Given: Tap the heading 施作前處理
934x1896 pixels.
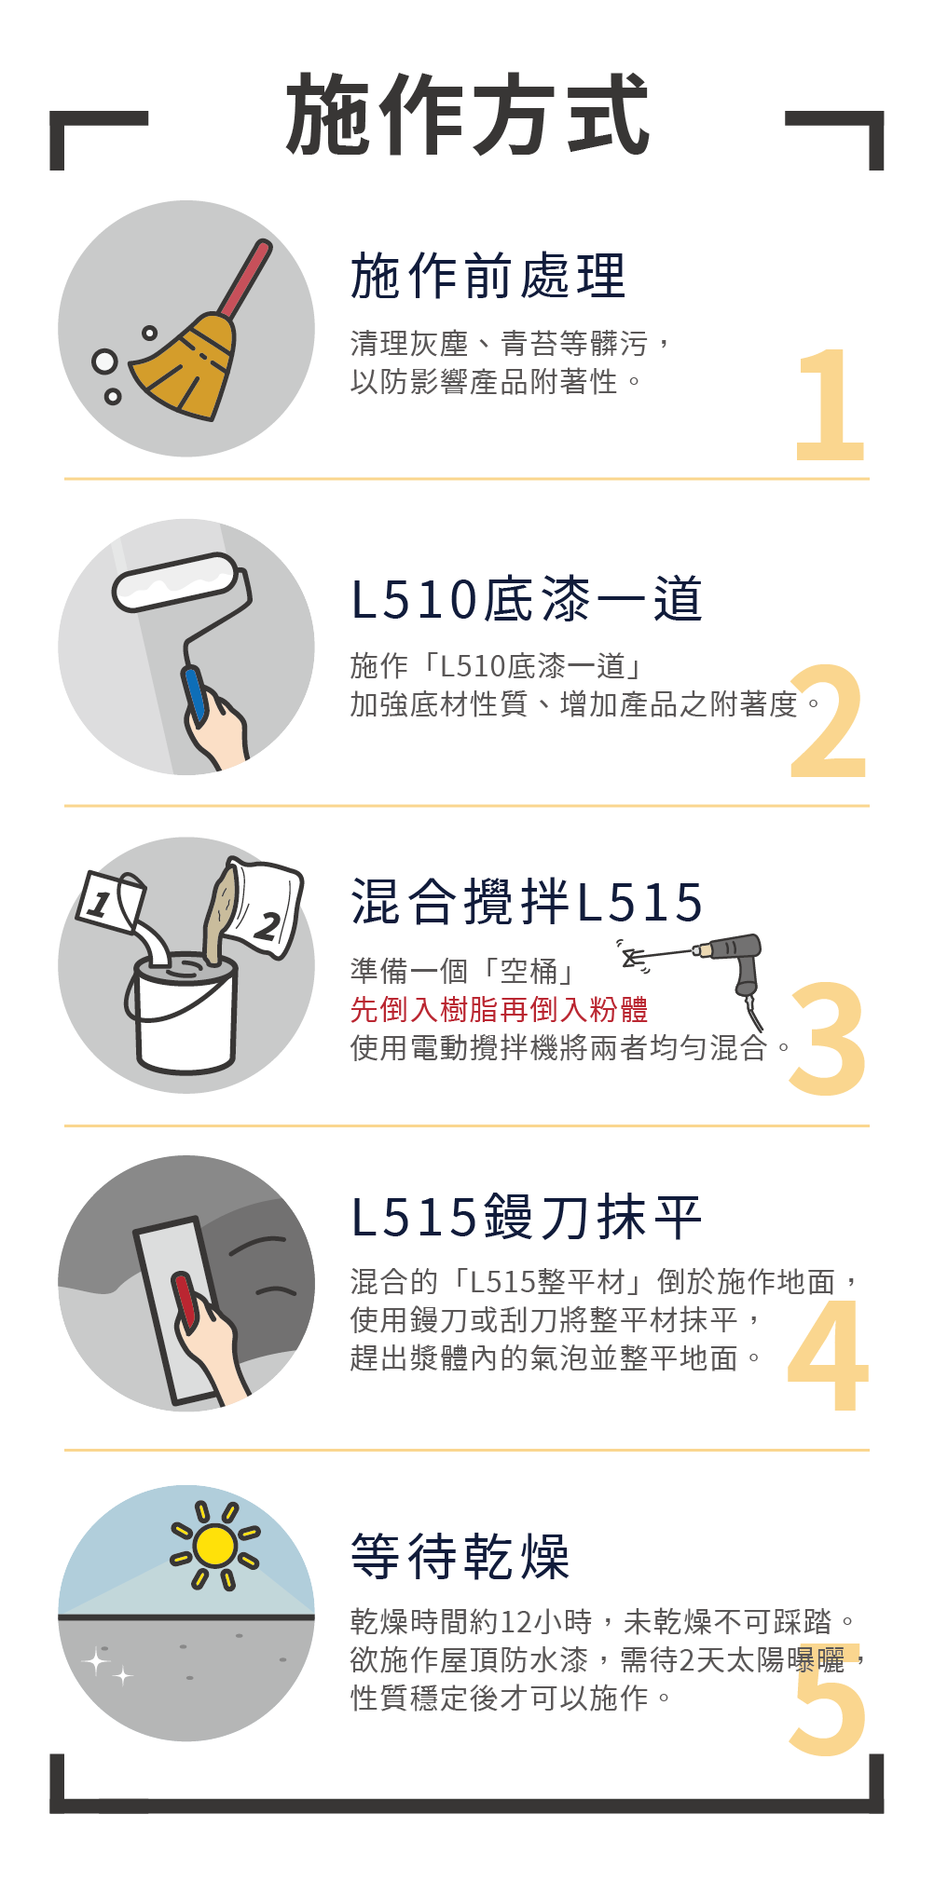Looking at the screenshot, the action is (x=488, y=276).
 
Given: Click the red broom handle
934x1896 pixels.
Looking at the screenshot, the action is (x=244, y=279).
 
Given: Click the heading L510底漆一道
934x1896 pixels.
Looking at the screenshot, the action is (x=527, y=599).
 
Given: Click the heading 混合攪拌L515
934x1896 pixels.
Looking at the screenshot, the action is (x=527, y=902).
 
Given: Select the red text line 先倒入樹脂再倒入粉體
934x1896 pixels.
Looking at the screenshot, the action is (x=499, y=1009).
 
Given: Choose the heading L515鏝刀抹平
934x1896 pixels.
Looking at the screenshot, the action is (x=527, y=1218).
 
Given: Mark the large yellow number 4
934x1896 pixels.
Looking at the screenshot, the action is (x=828, y=1355).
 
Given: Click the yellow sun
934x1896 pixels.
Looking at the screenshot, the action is (x=215, y=1546).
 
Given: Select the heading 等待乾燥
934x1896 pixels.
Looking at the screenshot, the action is (x=460, y=1556).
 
